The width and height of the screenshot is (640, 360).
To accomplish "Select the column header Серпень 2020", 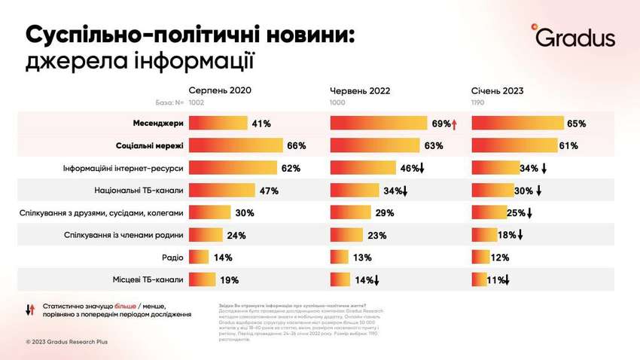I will point(220,90).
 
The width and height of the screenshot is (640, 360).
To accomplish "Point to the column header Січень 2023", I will point(497,90).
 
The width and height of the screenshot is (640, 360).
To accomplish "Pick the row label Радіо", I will point(172,257).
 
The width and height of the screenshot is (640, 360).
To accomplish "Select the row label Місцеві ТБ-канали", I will point(148,279).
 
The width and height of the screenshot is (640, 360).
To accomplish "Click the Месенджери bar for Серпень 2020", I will point(218,123).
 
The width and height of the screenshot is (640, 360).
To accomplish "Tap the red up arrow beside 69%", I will point(456,124).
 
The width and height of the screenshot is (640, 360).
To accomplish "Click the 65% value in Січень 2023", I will point(577,124).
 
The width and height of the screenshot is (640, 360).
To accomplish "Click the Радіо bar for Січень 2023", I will point(479,258).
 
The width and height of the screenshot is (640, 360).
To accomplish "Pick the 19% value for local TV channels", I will point(229,280).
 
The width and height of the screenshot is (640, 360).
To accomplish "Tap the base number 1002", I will point(196,102).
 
